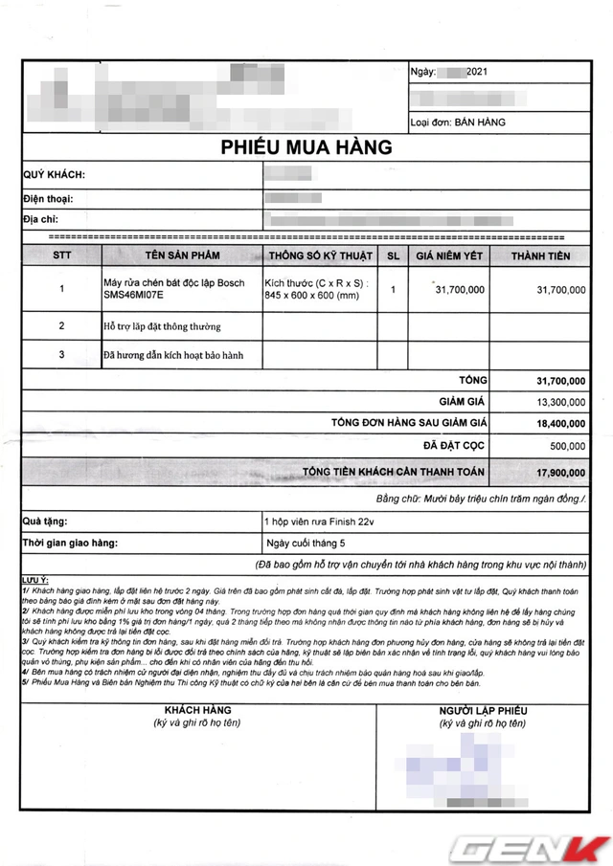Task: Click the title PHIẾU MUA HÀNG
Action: click(306, 147)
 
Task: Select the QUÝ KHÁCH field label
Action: click(54, 175)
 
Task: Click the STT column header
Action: click(62, 255)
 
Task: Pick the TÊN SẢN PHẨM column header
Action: click(182, 255)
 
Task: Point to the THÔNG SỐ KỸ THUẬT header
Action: click(319, 255)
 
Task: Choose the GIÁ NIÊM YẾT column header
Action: click(448, 255)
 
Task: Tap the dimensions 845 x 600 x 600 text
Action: click(311, 297)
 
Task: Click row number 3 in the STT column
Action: click(62, 354)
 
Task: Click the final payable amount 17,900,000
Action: click(560, 471)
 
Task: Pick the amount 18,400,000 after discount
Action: click(560, 423)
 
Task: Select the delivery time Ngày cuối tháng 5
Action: click(301, 543)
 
